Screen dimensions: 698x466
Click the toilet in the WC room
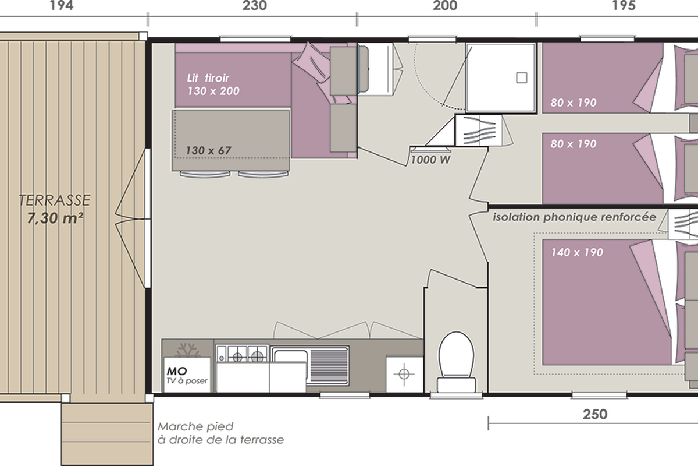tap(456, 362)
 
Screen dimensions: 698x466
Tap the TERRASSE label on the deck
tap(55, 200)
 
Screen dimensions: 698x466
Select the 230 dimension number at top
tap(255, 6)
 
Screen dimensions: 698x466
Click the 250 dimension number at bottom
tap(595, 414)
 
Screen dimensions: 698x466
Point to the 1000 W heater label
tap(430, 160)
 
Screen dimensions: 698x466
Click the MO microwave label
tap(177, 371)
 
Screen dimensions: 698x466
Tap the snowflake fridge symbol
tap(187, 351)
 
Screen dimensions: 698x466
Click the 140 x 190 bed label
tap(577, 252)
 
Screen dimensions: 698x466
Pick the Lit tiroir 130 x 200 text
tap(213, 84)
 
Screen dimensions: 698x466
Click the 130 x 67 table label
tap(208, 150)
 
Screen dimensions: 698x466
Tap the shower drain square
tap(522, 77)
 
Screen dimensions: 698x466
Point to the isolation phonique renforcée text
tap(574, 217)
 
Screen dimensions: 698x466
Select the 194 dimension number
tap(62, 6)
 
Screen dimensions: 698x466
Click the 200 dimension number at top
tap(444, 6)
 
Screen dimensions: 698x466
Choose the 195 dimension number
tap(624, 6)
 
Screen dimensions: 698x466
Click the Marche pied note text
tap(220, 433)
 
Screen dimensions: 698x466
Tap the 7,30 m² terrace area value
tap(55, 218)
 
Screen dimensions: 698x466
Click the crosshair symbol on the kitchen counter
tap(404, 373)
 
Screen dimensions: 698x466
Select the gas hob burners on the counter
tap(242, 354)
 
